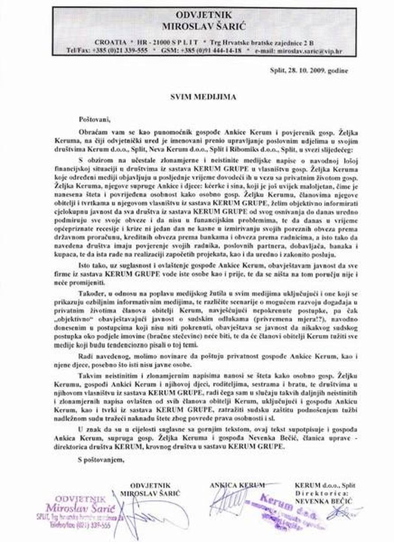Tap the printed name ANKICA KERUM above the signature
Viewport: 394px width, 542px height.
click(x=237, y=484)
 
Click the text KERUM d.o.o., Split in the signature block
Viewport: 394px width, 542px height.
click(x=324, y=485)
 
